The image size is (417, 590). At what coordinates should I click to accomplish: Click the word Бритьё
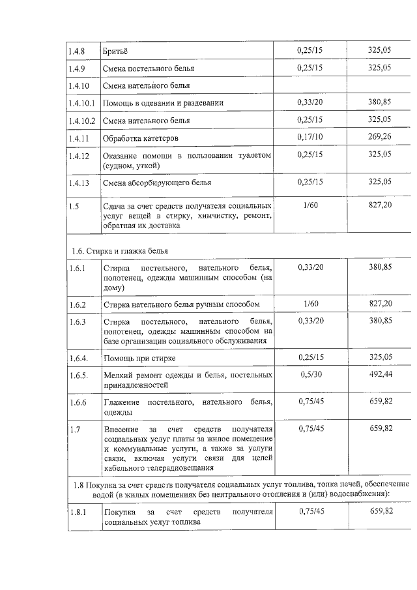tap(115, 50)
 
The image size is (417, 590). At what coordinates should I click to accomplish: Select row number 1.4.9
tap(78, 68)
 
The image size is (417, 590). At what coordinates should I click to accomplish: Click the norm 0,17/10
tap(310, 137)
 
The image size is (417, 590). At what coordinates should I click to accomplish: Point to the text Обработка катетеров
tap(141, 139)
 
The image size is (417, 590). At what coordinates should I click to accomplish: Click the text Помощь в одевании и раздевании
tap(164, 103)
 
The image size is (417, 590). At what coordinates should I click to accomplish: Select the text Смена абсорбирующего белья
tap(157, 183)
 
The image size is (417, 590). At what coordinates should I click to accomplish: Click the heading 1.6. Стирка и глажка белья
tap(123, 250)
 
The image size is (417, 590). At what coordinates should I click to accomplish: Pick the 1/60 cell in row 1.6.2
tap(310, 303)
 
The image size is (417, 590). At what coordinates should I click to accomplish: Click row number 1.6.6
tap(78, 403)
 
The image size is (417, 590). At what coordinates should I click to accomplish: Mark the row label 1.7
tap(74, 430)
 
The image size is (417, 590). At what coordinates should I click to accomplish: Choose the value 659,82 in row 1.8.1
tap(381, 511)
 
